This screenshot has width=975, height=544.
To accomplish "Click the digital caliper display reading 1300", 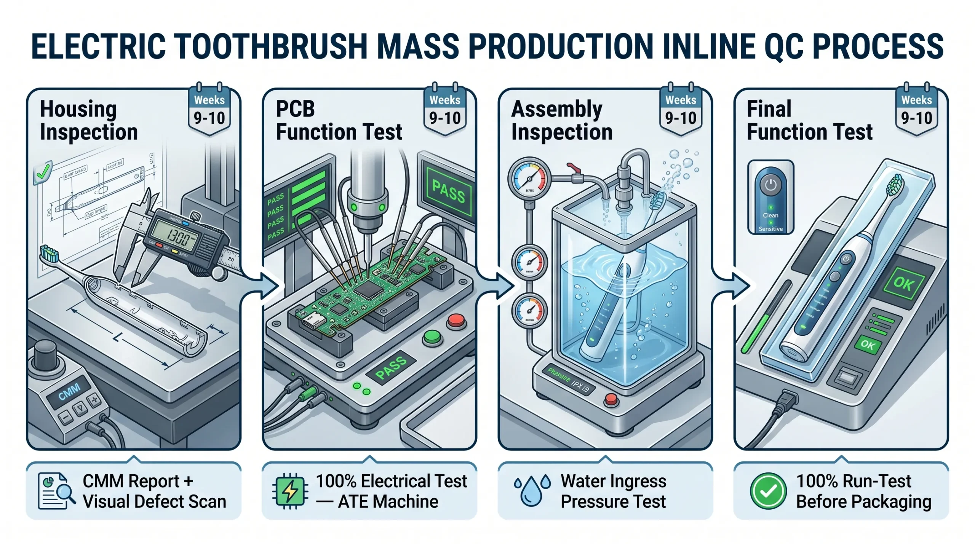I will pyautogui.click(x=177, y=238).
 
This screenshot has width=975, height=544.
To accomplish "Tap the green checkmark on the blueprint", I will pyautogui.click(x=43, y=172).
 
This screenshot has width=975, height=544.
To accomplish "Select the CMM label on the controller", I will pyautogui.click(x=69, y=392).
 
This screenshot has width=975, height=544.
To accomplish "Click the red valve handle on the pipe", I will pyautogui.click(x=572, y=168).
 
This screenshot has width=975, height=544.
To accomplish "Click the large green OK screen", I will pyautogui.click(x=903, y=283).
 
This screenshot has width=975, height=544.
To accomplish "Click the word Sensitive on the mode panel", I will pyautogui.click(x=770, y=229).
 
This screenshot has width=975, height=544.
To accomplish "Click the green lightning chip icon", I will pyautogui.click(x=290, y=491).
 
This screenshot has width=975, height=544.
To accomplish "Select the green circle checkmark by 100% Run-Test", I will pyautogui.click(x=768, y=491).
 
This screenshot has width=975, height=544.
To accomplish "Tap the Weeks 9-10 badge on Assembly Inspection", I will pyautogui.click(x=681, y=110).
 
